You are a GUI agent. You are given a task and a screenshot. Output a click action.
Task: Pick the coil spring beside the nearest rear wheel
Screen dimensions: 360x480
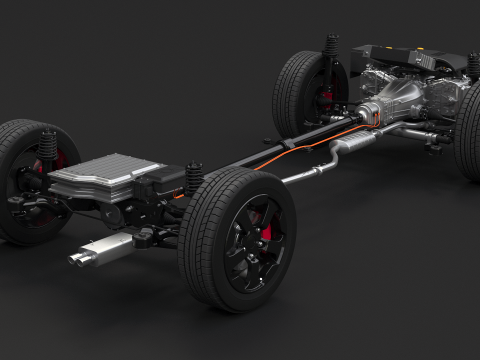tap(194, 179)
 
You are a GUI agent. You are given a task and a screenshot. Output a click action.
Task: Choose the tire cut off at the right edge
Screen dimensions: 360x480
tap(468, 125)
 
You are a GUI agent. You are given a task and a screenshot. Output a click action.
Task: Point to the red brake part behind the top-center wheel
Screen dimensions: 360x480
tap(325, 98)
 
